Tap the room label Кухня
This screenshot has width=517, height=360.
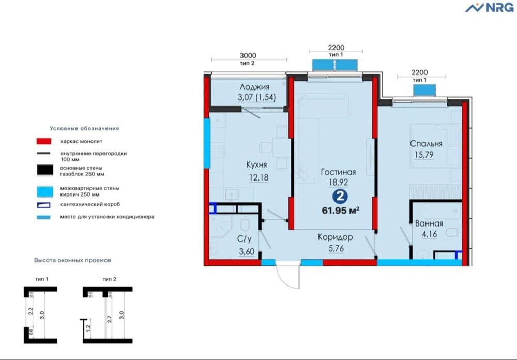pos(256,165)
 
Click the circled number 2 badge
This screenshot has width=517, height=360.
pos(339,197)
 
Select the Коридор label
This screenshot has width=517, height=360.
pos(335,237)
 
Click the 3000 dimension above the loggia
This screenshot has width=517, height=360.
pos(249,56)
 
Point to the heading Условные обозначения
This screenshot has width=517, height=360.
pos(84,128)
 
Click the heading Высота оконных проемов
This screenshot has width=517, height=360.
pos(72,260)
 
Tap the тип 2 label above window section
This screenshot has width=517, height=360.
pos(109,279)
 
